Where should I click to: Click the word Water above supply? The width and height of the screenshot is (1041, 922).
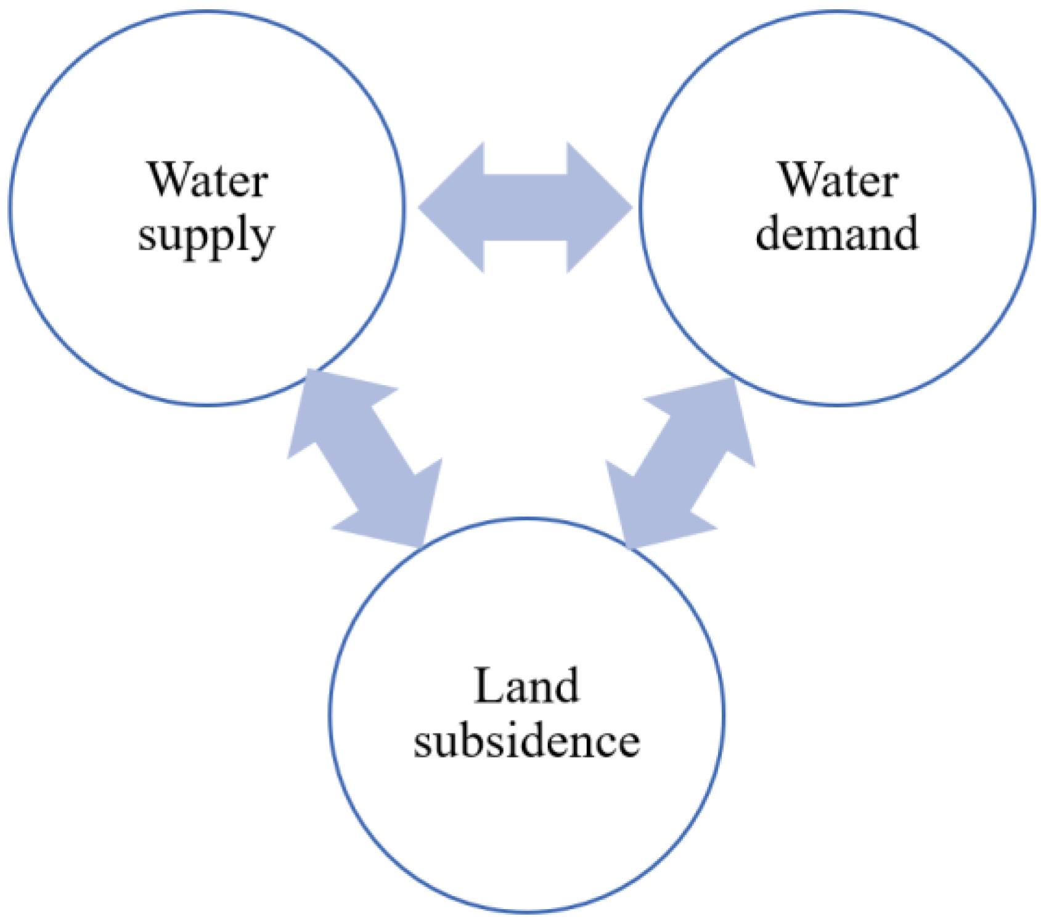click(x=207, y=180)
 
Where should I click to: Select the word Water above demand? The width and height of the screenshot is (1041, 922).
click(x=838, y=180)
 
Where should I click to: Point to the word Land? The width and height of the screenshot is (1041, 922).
click(x=526, y=686)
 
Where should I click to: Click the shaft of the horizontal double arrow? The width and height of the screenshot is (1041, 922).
click(x=525, y=207)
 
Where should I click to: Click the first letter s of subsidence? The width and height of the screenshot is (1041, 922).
click(x=423, y=743)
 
